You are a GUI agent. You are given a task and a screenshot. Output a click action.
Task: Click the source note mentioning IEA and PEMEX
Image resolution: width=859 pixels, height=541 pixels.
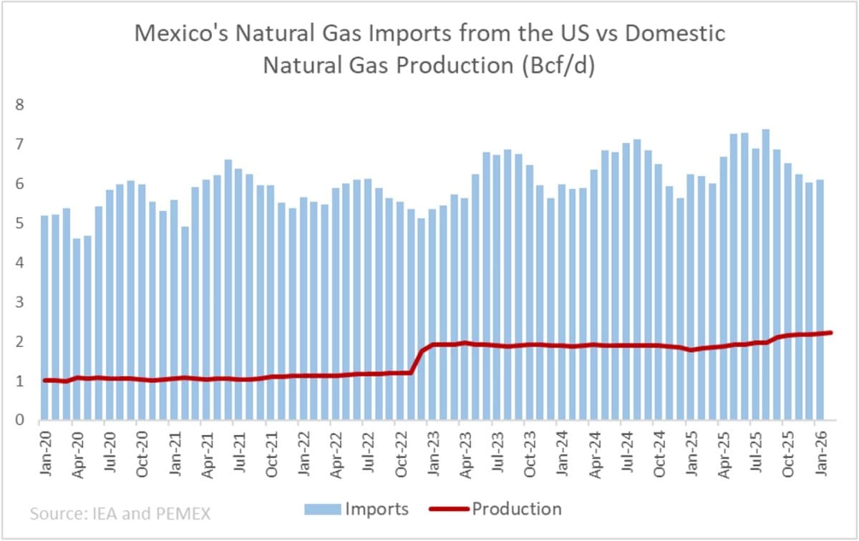(120, 512)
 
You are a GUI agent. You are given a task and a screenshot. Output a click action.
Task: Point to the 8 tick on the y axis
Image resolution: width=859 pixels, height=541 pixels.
(20, 105)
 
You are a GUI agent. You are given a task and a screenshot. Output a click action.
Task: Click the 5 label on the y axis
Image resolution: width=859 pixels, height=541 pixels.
(20, 224)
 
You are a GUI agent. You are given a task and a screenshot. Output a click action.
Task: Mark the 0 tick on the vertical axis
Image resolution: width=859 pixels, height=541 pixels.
(20, 421)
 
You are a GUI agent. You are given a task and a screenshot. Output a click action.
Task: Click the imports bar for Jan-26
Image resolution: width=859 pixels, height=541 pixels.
(820, 301)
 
